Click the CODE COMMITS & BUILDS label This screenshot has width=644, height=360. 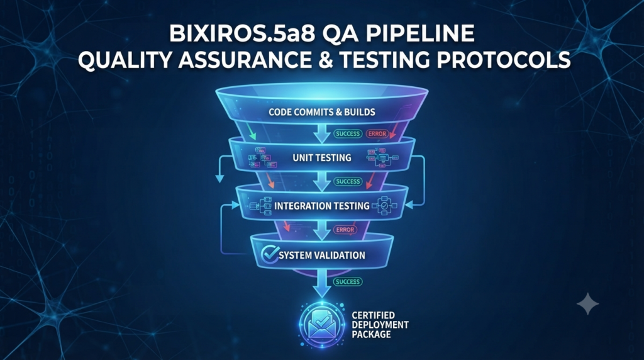coord(321,112)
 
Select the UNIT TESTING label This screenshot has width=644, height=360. coord(321,157)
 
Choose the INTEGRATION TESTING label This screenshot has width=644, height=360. coord(321,205)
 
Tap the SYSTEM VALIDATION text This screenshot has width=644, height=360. coord(321,255)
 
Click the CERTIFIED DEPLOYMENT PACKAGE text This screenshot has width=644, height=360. coord(380,325)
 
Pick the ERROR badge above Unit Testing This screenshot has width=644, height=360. coord(377,134)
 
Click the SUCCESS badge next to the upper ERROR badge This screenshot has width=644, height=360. coord(348,134)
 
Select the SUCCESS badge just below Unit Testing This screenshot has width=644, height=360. coord(348,182)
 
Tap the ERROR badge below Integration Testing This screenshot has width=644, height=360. coord(345,230)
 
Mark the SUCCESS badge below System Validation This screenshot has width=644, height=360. coord(348,282)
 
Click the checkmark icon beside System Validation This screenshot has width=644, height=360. coord(270,254)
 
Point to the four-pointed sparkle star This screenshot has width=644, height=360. coord(588,304)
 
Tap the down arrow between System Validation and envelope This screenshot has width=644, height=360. coord(322,284)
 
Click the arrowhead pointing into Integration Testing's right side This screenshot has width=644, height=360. coord(409,205)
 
